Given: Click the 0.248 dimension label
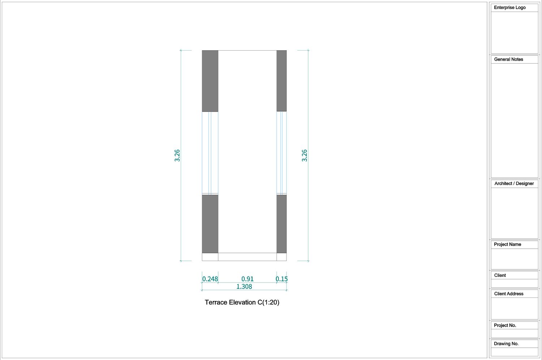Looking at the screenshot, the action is [210, 279].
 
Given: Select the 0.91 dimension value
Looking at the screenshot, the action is [247, 279].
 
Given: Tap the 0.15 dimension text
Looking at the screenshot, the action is [281, 279].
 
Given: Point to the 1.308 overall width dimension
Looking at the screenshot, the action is [244, 286].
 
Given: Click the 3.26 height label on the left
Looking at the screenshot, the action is [177, 155].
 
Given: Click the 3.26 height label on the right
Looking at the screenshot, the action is [304, 155].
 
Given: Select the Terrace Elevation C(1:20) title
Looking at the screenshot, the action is [242, 302].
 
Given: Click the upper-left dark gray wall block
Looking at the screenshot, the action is [210, 81].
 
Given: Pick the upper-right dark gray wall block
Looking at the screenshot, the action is [281, 81].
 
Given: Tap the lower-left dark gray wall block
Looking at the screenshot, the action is [210, 224].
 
